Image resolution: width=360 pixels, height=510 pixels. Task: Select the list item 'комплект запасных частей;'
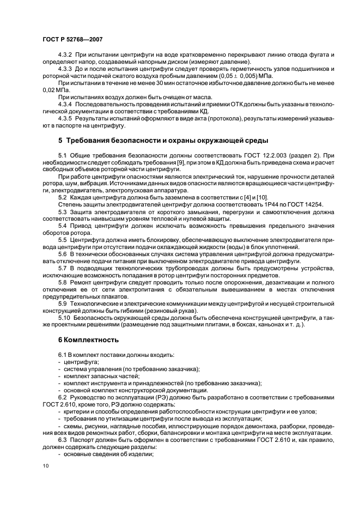pyautogui.click(x=98, y=377)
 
